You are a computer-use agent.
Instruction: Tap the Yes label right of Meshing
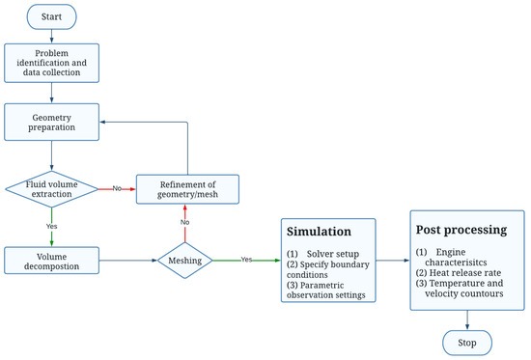tap(245, 259)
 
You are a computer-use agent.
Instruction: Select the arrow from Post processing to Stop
tap(466, 319)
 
